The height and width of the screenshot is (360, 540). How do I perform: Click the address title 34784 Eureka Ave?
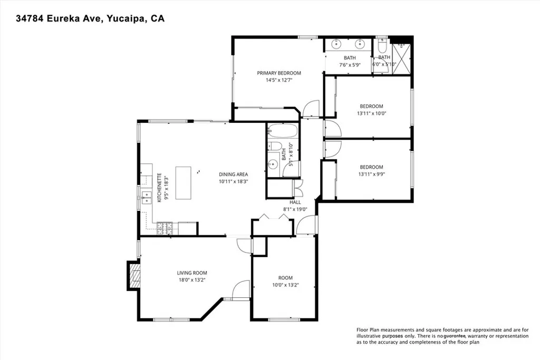90,18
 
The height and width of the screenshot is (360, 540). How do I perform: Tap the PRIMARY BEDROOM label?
279,73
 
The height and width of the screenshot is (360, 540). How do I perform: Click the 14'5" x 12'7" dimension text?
279,80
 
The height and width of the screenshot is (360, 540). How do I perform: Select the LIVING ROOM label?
192,273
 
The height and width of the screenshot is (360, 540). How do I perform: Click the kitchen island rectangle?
183,183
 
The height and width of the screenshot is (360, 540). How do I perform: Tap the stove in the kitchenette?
165,228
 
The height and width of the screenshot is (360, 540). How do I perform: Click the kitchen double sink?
146,198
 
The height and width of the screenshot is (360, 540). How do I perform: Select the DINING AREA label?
233,174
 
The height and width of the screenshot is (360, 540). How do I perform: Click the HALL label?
295,202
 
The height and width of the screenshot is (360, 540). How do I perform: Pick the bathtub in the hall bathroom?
283,131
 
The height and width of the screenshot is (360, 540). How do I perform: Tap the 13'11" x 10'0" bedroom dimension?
371,113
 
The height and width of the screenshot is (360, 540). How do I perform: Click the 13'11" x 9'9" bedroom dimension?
371,174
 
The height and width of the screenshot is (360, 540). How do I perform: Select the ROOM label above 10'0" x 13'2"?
285,278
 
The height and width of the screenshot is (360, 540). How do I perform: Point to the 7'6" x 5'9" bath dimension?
350,65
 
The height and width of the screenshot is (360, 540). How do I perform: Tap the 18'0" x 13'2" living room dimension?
192,280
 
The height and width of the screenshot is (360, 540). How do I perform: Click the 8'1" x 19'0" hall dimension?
295,209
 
